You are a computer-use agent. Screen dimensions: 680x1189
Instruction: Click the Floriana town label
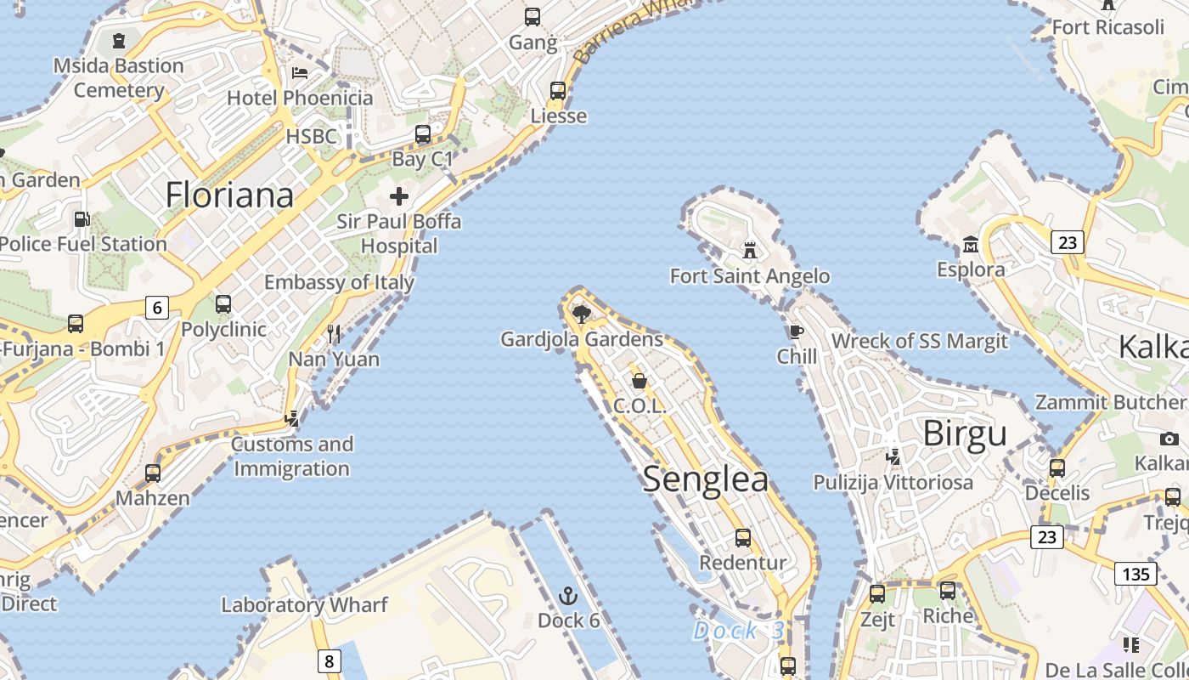[229, 195]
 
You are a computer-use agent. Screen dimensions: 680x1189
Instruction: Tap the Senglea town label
[705, 479]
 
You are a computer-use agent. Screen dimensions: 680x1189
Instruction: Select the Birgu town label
[965, 433]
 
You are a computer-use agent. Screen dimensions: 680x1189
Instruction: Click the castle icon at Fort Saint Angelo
[749, 250]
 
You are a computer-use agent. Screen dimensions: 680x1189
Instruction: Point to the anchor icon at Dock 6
[569, 595]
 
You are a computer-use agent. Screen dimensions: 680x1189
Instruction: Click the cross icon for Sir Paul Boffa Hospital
[398, 197]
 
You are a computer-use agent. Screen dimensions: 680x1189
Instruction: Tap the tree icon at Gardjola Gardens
[582, 314]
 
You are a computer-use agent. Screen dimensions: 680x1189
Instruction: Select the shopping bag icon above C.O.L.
[640, 381]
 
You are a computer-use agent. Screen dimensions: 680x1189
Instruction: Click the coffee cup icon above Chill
[796, 331]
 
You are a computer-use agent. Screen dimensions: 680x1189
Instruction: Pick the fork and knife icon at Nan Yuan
[334, 333]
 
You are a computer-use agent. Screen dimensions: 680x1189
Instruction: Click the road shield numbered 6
[156, 307]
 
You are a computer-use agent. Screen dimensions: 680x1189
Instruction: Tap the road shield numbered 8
[329, 660]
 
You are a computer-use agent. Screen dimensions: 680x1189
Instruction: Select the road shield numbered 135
[1135, 574]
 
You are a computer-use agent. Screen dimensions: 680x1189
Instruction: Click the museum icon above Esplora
[970, 246]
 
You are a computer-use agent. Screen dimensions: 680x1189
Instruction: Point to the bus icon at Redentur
[742, 537]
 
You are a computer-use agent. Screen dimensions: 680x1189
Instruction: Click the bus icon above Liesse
[558, 90]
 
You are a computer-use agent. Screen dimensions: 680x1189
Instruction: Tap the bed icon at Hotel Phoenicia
[299, 72]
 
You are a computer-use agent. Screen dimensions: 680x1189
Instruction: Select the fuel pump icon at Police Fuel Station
[82, 219]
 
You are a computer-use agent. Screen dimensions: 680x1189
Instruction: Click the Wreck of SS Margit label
[919, 341]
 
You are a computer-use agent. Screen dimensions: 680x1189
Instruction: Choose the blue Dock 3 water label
[738, 631]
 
